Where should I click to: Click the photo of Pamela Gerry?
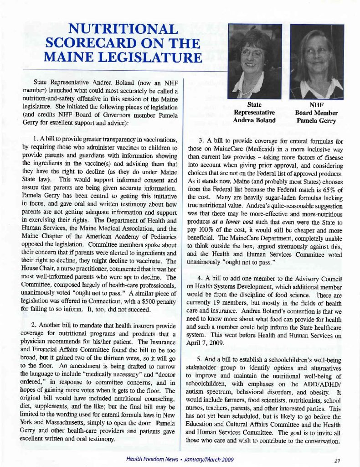tap(317, 62)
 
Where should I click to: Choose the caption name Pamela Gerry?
tap(316, 121)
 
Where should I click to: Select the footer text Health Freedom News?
tap(152, 459)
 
